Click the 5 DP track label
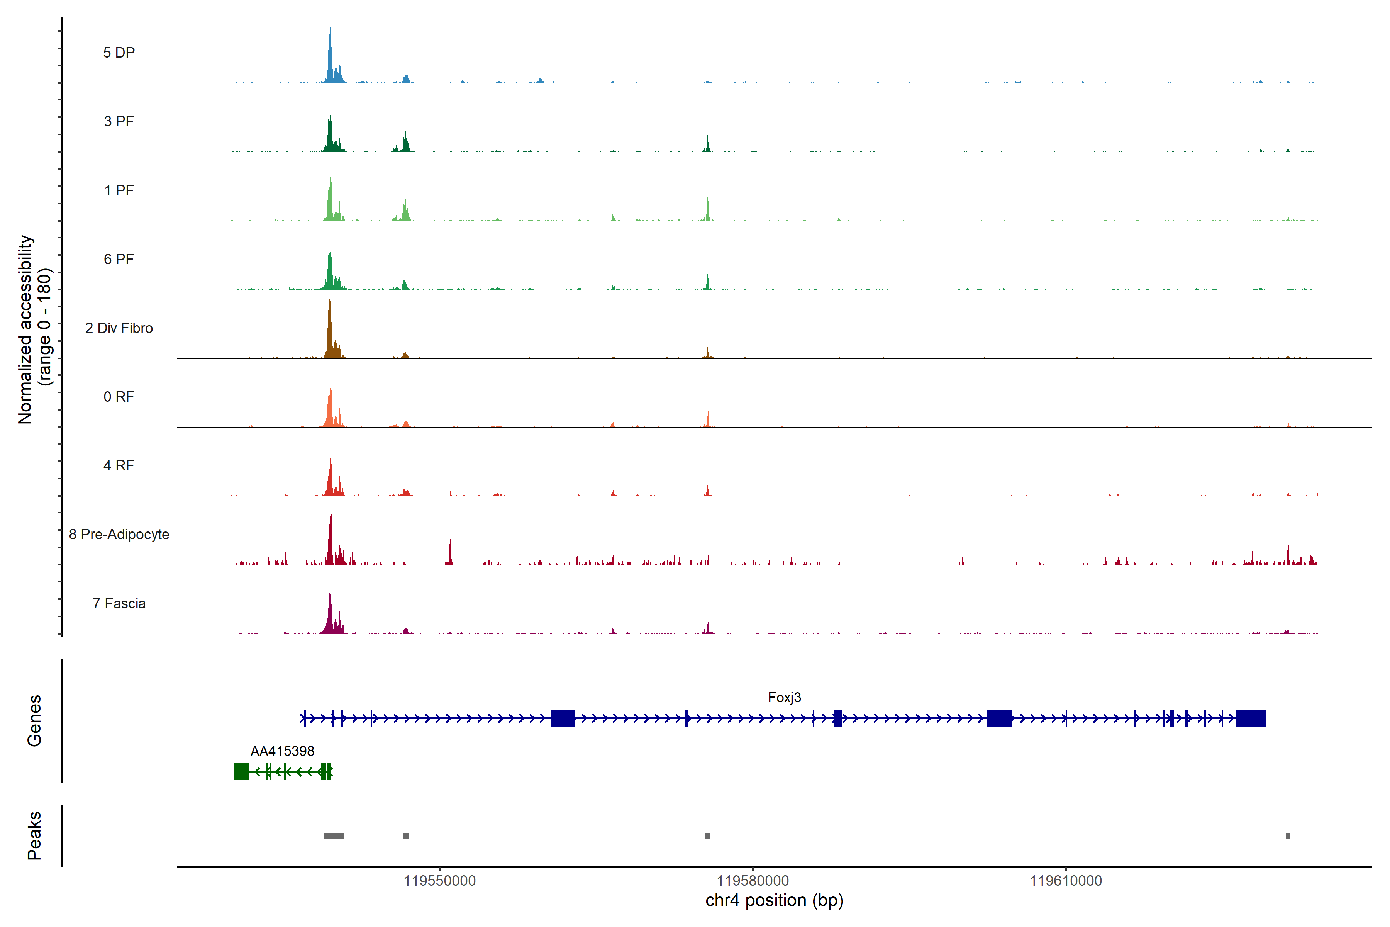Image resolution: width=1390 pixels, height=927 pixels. [119, 53]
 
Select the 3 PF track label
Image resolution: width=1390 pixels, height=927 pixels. [119, 121]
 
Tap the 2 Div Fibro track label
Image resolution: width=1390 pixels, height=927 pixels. [119, 328]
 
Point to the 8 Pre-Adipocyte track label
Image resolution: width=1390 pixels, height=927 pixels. [119, 535]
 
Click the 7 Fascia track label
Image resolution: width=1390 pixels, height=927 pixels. [119, 604]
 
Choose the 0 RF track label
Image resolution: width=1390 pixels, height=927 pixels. [119, 397]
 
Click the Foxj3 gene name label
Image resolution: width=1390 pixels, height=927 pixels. [784, 698]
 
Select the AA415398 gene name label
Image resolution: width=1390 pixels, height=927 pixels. [283, 751]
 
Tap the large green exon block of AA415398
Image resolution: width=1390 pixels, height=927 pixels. [242, 771]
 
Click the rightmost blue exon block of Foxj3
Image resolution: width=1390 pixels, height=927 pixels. [1251, 718]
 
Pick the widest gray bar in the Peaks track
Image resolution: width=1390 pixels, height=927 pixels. [334, 836]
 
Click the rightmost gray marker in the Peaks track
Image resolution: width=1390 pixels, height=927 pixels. [1287, 836]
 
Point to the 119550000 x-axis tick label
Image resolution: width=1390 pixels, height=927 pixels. [440, 881]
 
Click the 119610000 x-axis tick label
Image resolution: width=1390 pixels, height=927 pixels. [1066, 881]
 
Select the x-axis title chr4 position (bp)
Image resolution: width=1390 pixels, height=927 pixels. [774, 900]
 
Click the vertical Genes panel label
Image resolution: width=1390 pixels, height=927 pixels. [34, 721]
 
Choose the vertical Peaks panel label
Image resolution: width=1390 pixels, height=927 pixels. [34, 835]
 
